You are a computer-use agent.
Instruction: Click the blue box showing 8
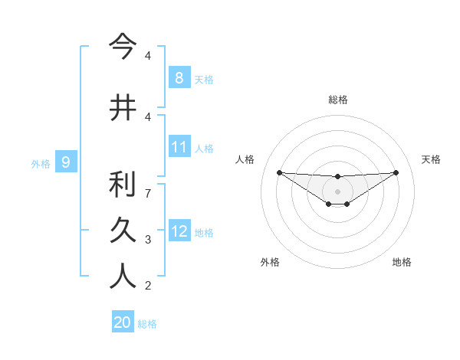(179, 77)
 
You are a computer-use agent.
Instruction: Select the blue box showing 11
(179, 147)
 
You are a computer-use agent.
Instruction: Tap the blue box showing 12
(179, 231)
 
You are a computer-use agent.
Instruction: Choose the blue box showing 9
(66, 162)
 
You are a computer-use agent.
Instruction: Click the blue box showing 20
(123, 322)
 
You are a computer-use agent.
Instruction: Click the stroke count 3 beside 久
(147, 240)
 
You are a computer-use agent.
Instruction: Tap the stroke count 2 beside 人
(147, 286)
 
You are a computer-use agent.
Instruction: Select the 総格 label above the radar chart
(338, 100)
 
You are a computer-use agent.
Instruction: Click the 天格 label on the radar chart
(432, 159)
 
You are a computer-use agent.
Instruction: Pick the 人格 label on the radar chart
(245, 159)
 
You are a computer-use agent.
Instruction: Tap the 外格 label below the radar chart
(270, 262)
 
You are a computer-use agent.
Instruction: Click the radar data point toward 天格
(396, 172)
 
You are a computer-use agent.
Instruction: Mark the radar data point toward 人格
(279, 172)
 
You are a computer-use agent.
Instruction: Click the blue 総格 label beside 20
(147, 324)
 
